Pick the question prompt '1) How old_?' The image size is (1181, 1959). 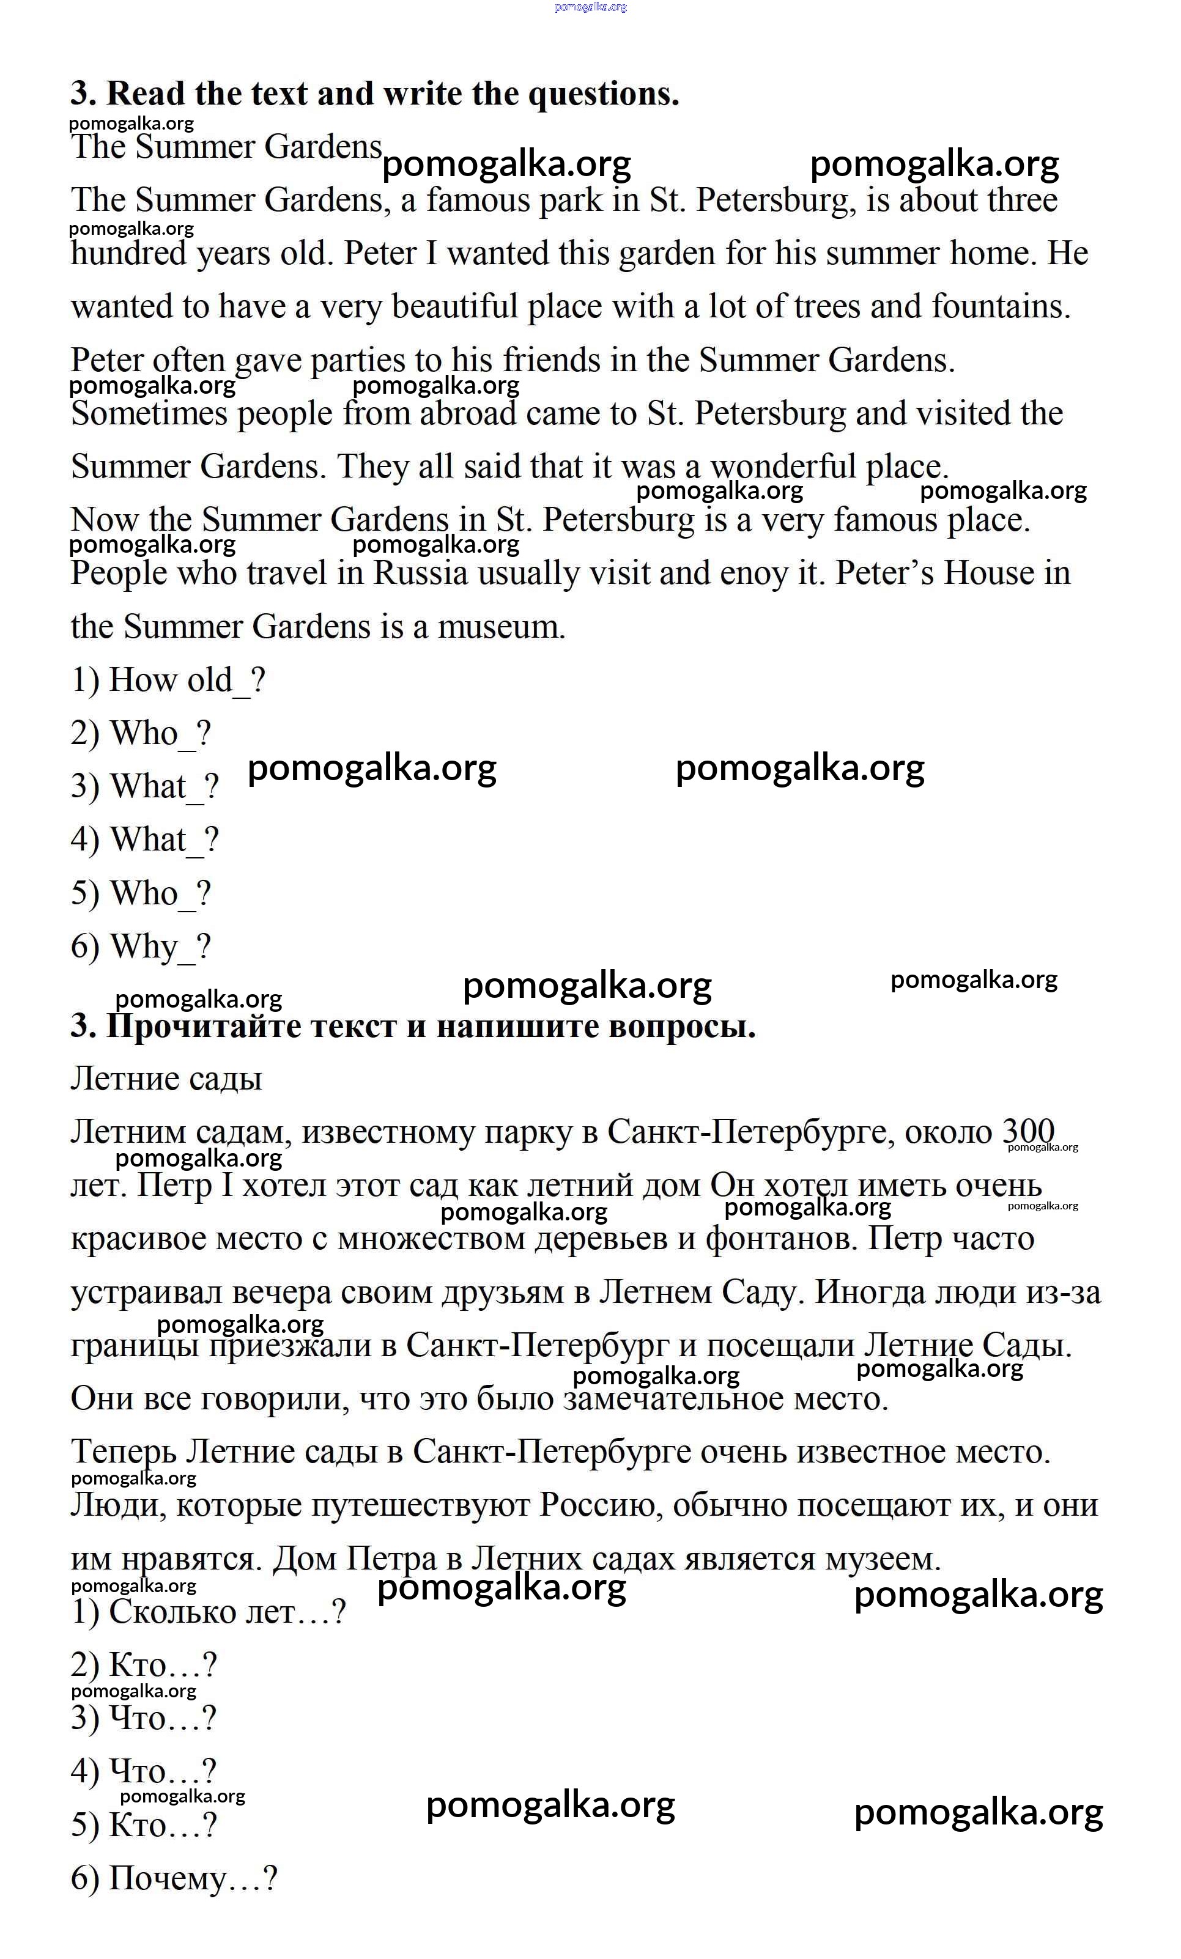[168, 681]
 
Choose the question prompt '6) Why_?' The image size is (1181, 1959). [141, 947]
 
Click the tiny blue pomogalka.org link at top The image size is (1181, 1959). [590, 7]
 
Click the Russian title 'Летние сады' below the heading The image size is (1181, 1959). [166, 1079]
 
